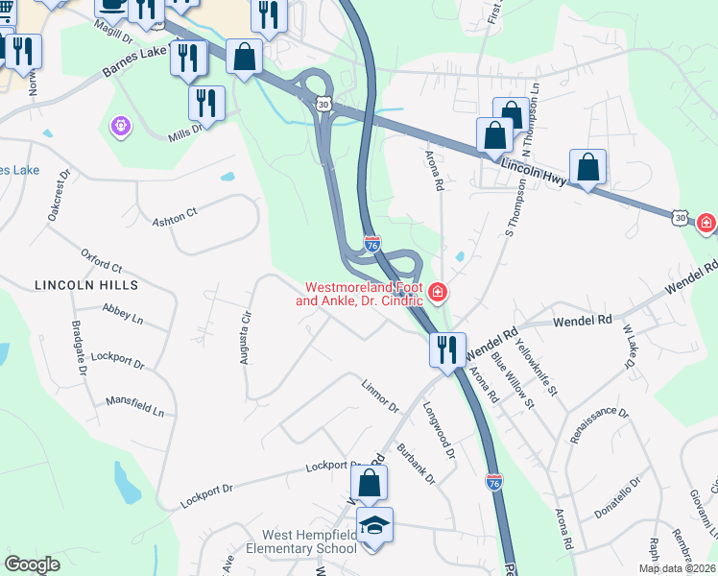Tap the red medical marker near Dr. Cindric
(438, 291)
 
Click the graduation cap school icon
(373, 524)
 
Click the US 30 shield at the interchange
(324, 104)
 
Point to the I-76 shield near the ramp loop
(371, 246)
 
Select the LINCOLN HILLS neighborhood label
(86, 285)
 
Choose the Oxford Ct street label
(102, 260)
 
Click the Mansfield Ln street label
(135, 405)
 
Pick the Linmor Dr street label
(379, 396)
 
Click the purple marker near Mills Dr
(120, 125)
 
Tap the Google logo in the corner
(32, 564)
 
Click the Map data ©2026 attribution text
(677, 568)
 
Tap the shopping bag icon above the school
(370, 484)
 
